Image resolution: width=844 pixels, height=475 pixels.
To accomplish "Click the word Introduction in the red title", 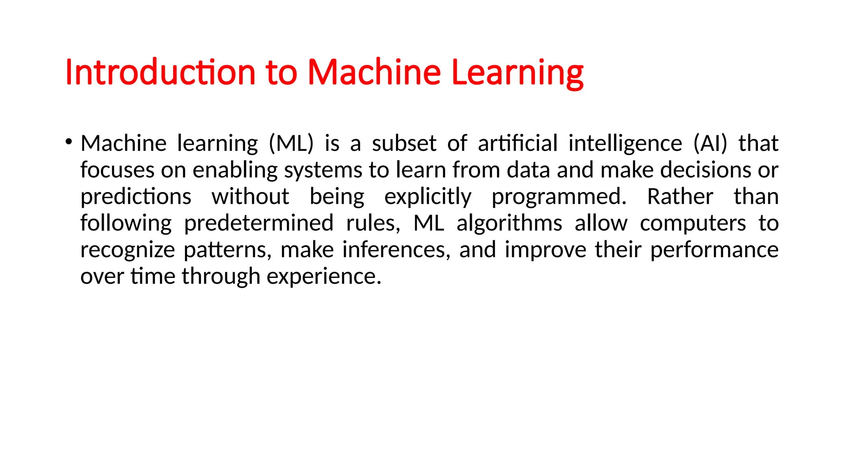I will tap(161, 72).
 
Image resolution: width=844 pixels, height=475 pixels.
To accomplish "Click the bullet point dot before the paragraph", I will tap(68, 142).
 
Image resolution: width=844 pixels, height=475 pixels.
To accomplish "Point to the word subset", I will tap(404, 143).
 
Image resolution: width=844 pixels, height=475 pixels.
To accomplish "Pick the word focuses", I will tap(117, 170).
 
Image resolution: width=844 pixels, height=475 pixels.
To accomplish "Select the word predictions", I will tap(136, 197).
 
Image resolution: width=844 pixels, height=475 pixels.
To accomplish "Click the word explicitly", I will tap(428, 197).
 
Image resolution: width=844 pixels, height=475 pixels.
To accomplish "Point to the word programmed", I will tap(559, 198).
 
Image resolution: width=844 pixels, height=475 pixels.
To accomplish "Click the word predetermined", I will tap(259, 223).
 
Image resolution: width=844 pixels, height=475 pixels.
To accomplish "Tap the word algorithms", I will tap(509, 223).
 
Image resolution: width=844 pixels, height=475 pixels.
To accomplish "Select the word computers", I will tap(693, 224).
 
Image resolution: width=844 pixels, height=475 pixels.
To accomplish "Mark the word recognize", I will tap(127, 250).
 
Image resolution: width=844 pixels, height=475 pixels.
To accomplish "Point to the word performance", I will tap(714, 250).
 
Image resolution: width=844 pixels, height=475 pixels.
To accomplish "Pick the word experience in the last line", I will tap(324, 277).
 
